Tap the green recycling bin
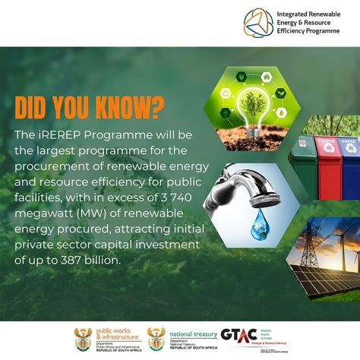click(305, 163)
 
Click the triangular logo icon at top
click(258, 22)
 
